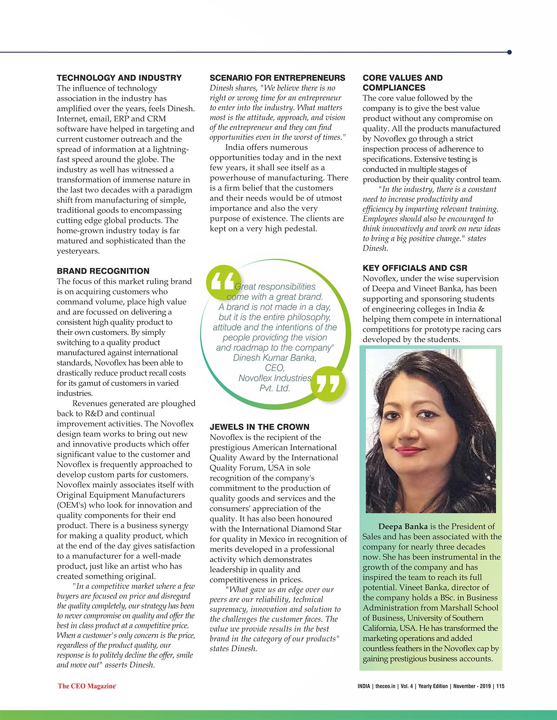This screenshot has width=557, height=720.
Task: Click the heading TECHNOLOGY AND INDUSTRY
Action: coord(119,78)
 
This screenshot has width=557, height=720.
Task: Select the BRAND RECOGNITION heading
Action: coord(103,271)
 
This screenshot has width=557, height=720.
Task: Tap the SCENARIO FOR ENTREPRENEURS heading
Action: coord(277,78)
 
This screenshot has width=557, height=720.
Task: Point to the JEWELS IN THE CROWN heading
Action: coord(259,427)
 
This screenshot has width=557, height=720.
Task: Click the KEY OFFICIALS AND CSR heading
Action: coord(415,268)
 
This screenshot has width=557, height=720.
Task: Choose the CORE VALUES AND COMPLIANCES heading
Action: coord(402,83)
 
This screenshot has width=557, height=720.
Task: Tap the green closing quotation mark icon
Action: coord(329,383)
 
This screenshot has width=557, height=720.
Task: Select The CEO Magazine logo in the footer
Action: coord(86,686)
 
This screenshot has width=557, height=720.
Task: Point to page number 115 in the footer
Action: coord(500,686)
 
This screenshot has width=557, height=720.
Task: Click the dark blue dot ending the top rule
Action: coord(509,52)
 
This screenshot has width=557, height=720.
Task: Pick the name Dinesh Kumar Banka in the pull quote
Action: coord(274,358)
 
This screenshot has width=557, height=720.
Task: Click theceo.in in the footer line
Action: coord(385,686)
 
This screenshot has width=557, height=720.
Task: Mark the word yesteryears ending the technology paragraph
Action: coord(78,251)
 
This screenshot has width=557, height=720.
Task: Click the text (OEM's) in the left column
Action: coord(71,505)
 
